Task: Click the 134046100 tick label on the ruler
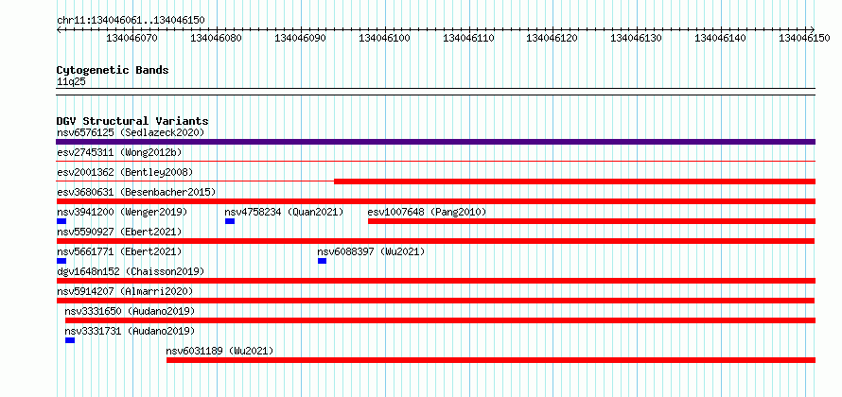point(384,38)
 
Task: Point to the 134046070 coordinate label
point(132,38)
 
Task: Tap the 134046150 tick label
point(805,38)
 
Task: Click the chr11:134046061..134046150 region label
point(131,21)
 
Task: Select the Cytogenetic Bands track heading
point(113,70)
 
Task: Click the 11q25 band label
point(71,82)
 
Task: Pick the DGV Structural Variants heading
point(132,121)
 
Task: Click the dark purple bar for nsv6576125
point(435,142)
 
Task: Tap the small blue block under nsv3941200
point(61,221)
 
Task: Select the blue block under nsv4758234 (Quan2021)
point(230,221)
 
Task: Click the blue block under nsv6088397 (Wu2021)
point(323,261)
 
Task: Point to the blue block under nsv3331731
point(70,340)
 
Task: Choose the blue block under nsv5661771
point(61,261)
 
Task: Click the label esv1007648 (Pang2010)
point(427,212)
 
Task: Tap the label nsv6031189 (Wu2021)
point(219,351)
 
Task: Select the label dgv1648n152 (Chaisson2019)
point(131,271)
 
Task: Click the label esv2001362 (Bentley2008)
point(125,172)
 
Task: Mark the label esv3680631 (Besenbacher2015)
point(136,192)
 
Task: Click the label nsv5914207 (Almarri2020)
point(125,291)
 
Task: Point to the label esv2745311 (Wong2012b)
point(119,152)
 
